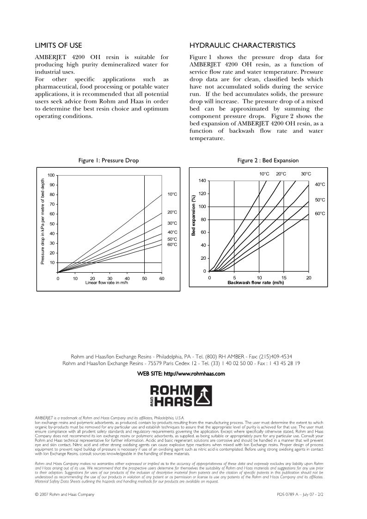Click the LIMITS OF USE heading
[x=59, y=45]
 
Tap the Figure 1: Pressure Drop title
[x=109, y=160]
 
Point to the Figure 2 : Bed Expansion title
[x=268, y=160]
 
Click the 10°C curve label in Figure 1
[x=172, y=194]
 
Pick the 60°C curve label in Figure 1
[x=172, y=244]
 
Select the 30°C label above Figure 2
[x=306, y=174]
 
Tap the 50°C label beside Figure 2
[x=320, y=200]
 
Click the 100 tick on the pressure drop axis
[x=51, y=175]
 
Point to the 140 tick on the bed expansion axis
[x=202, y=180]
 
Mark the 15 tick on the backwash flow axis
[x=284, y=278]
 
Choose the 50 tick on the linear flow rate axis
[x=145, y=278]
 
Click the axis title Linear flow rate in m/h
[x=107, y=282]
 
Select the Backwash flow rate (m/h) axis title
[x=255, y=282]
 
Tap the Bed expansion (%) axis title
[x=194, y=216]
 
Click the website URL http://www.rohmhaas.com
[x=197, y=374]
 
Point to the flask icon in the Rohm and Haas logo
[x=203, y=396]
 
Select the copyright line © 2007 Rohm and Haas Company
[x=65, y=495]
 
